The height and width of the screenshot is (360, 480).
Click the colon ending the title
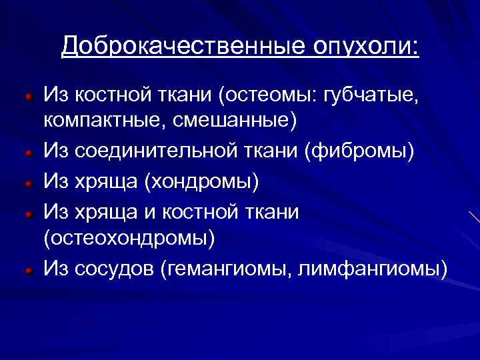click(416, 48)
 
